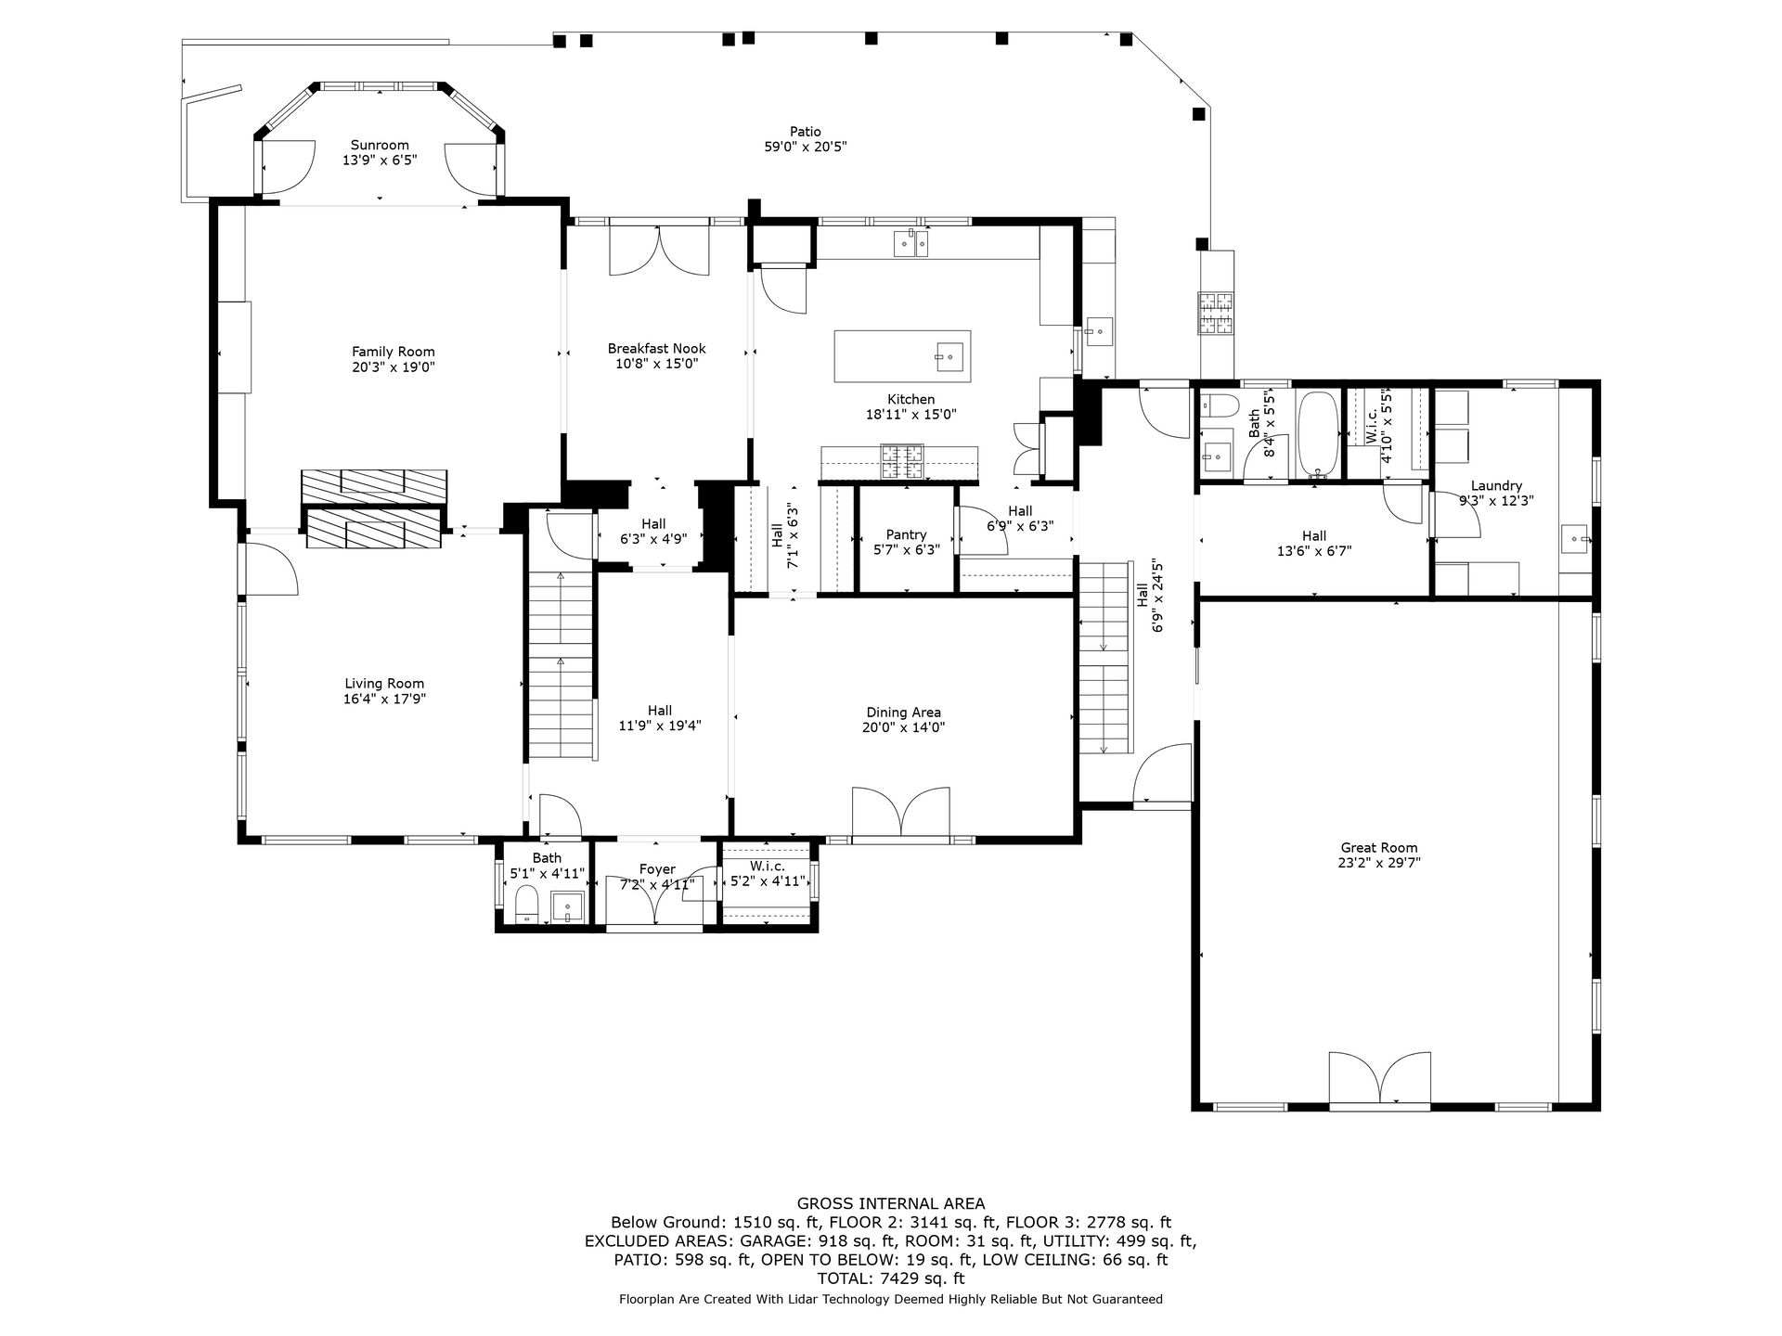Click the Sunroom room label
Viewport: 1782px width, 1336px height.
380,146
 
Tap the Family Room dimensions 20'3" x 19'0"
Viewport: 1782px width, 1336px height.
394,366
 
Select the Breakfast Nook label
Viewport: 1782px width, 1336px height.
657,349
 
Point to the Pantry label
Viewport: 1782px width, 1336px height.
906,534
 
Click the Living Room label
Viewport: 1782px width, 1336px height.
384,684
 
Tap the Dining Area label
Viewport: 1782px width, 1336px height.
903,713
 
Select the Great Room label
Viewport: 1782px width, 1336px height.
1379,847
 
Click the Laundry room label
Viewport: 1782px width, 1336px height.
1496,485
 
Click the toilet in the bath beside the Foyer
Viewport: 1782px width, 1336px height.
526,904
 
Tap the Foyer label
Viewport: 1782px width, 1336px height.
657,869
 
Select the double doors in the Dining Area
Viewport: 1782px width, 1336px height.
900,814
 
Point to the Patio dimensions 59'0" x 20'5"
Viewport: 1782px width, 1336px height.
805,147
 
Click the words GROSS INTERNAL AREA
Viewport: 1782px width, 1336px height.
891,1204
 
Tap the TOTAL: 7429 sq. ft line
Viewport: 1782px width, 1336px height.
891,1278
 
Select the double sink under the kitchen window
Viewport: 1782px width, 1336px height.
910,243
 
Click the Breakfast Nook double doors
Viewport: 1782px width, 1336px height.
658,250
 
